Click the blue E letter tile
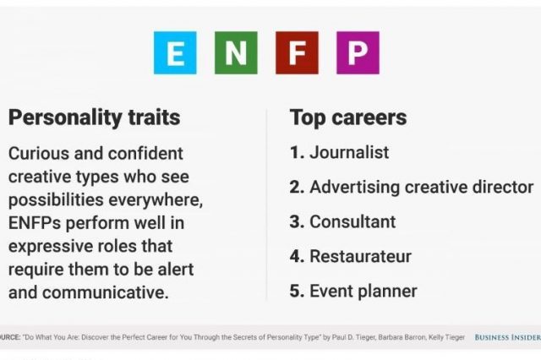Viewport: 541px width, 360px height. tap(175, 52)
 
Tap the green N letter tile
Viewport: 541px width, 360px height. tap(236, 52)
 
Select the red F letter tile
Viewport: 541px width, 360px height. tap(297, 52)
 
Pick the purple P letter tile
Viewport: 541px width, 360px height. tap(358, 52)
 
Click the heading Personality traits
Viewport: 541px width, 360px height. tap(94, 118)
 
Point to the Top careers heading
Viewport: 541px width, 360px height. tap(348, 118)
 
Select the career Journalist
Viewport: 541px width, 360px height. tap(349, 152)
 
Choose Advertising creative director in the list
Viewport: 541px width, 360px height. tap(422, 187)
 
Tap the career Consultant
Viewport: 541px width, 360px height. tap(352, 221)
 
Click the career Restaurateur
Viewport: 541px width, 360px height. tap(361, 256)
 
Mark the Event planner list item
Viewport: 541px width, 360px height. tap(363, 292)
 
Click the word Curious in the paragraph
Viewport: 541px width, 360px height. tap(39, 154)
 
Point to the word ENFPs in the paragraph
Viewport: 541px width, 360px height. tap(35, 223)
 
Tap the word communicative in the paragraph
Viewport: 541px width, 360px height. tap(106, 292)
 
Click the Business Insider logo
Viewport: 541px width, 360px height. tap(507, 337)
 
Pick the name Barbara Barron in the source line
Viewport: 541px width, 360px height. tap(402, 337)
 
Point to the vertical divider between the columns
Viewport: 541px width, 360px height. tap(266, 205)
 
